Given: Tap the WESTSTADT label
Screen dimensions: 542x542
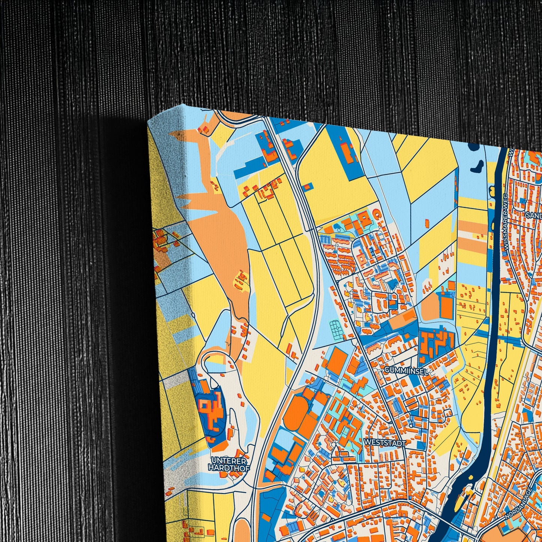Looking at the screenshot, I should coord(384,443).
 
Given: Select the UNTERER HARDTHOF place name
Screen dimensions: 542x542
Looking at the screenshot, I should coord(228,464).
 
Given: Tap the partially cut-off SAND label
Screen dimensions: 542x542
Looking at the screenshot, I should coord(534,215).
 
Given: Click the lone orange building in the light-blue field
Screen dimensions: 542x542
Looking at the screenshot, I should coord(427,223).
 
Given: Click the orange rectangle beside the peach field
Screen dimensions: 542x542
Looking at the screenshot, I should coord(446,308).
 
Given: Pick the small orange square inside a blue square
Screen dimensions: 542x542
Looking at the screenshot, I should coord(308,186).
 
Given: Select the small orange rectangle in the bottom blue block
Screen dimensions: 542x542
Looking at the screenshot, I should coord(266,518).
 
